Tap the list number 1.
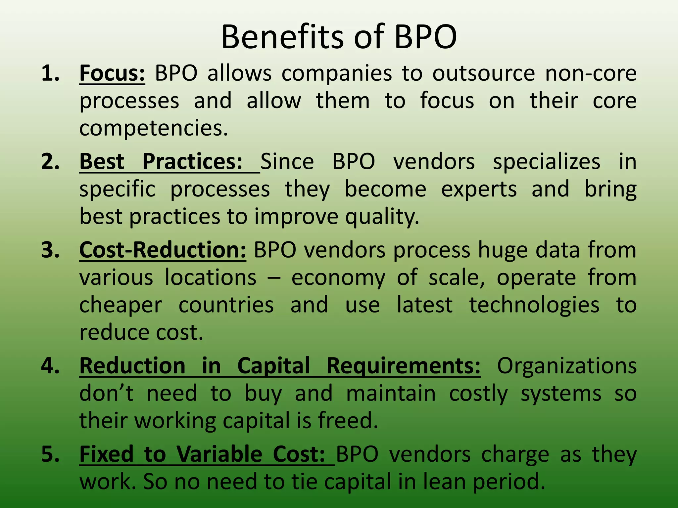[50, 73]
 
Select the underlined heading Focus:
[112, 73]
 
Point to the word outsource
[483, 73]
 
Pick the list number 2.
[50, 162]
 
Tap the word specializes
[547, 162]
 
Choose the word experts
[479, 189]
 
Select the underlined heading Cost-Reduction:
[163, 250]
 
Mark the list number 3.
[50, 250]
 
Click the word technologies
[534, 305]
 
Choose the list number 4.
[50, 366]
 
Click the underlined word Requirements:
[403, 366]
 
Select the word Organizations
[567, 366]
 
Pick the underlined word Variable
[219, 454]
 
